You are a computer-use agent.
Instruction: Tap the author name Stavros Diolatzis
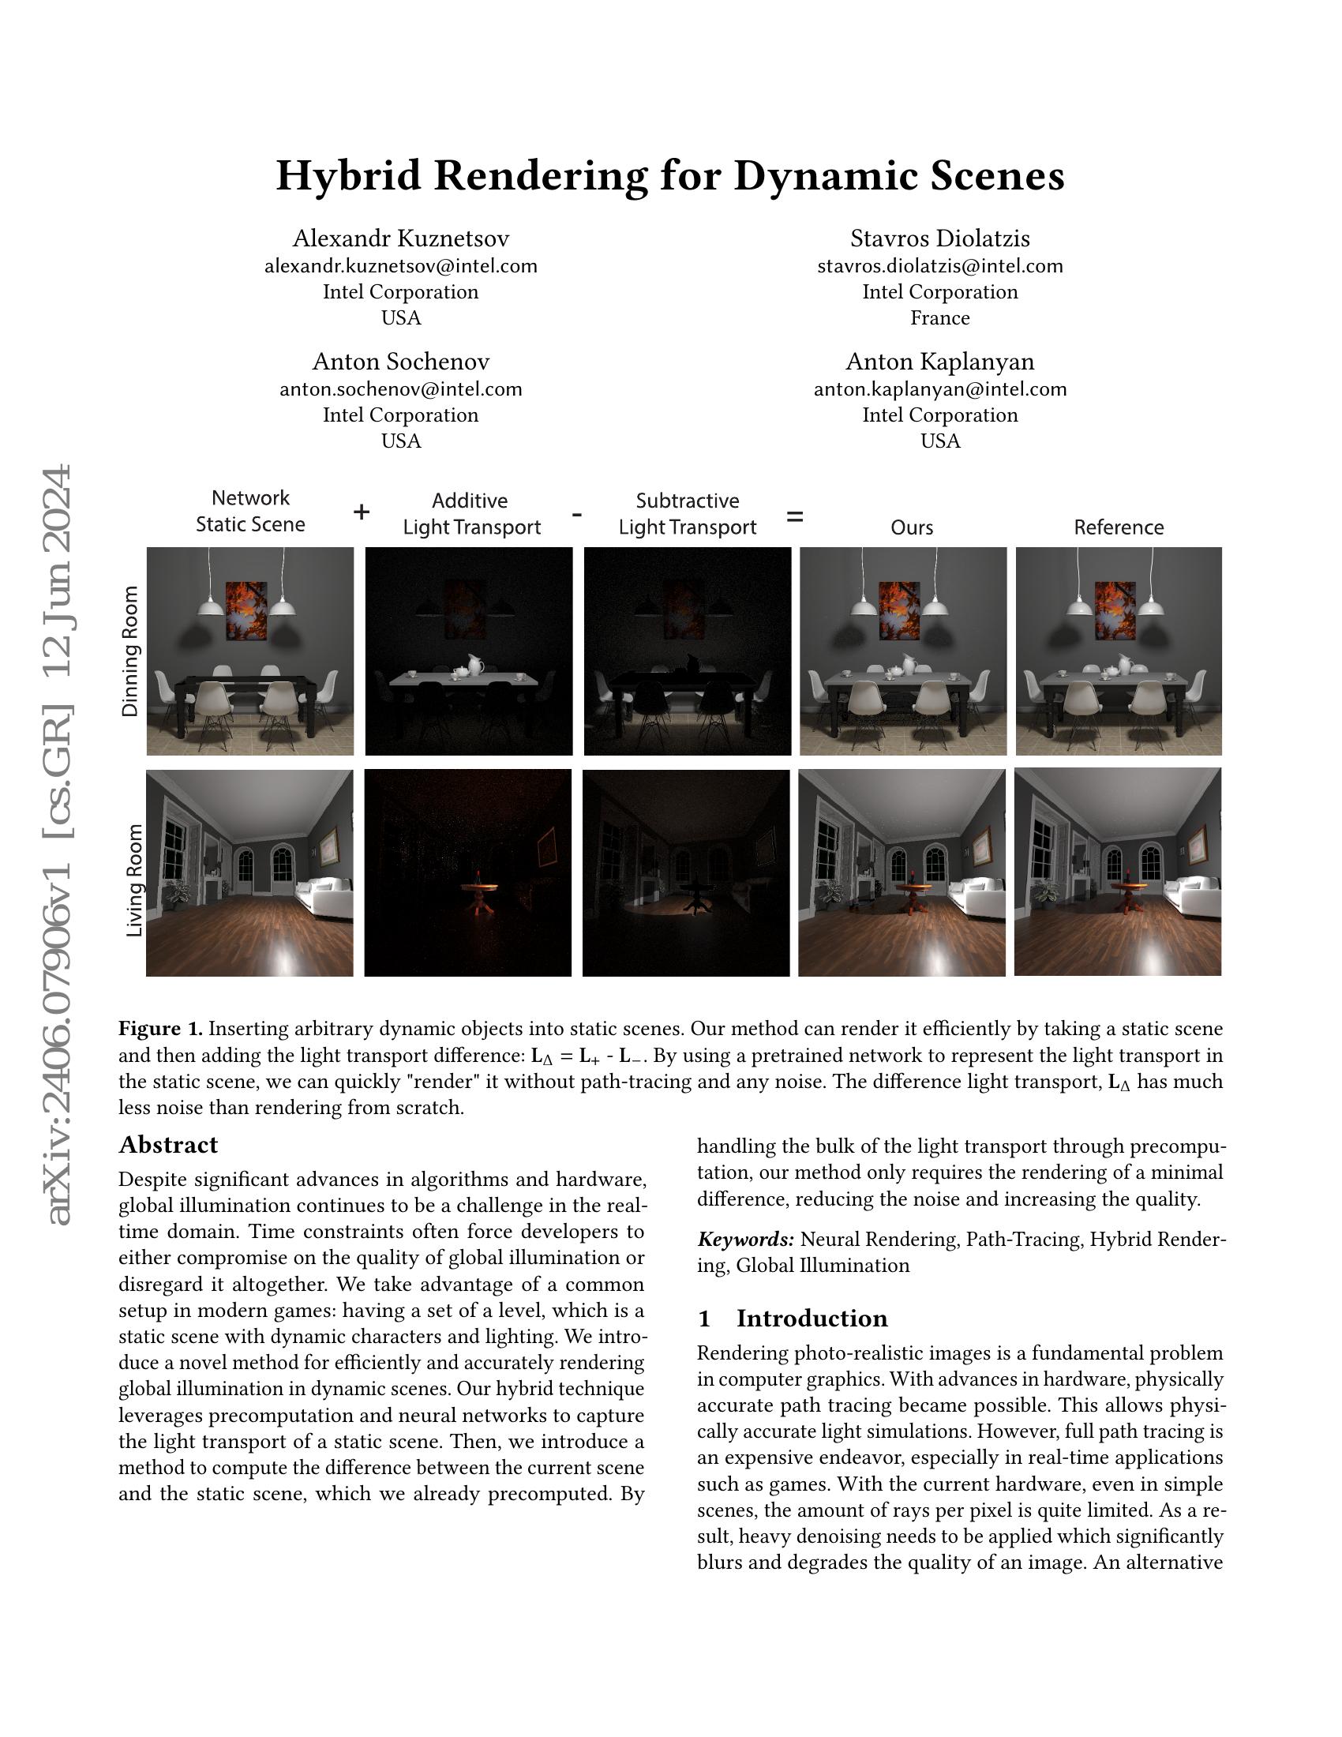939,238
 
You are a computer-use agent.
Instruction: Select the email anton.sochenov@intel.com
401,390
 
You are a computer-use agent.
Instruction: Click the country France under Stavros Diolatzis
939,318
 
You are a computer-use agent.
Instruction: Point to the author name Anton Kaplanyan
939,362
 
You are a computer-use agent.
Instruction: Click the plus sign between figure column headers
361,512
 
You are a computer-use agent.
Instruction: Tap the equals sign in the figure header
794,517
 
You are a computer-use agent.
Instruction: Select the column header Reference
1118,527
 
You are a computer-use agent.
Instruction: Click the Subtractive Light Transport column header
687,514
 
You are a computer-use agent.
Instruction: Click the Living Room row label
134,880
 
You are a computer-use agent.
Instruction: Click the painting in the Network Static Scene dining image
246,610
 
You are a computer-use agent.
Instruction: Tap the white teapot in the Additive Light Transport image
474,664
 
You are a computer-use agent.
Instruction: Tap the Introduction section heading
811,1319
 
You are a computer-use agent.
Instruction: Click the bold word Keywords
745,1240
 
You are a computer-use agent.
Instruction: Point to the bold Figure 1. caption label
160,1029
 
